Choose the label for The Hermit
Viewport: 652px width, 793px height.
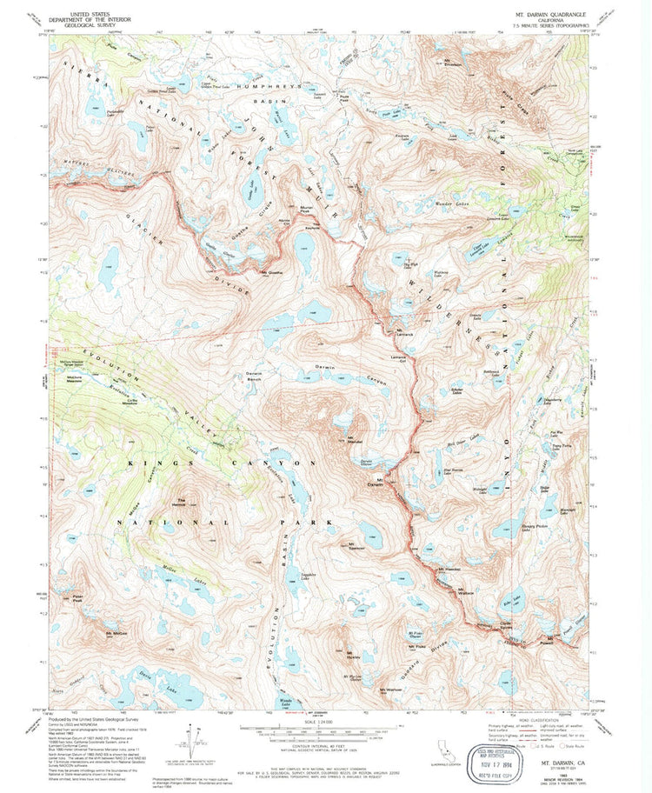pyautogui.click(x=183, y=500)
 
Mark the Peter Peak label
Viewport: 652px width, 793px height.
pyautogui.click(x=77, y=599)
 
